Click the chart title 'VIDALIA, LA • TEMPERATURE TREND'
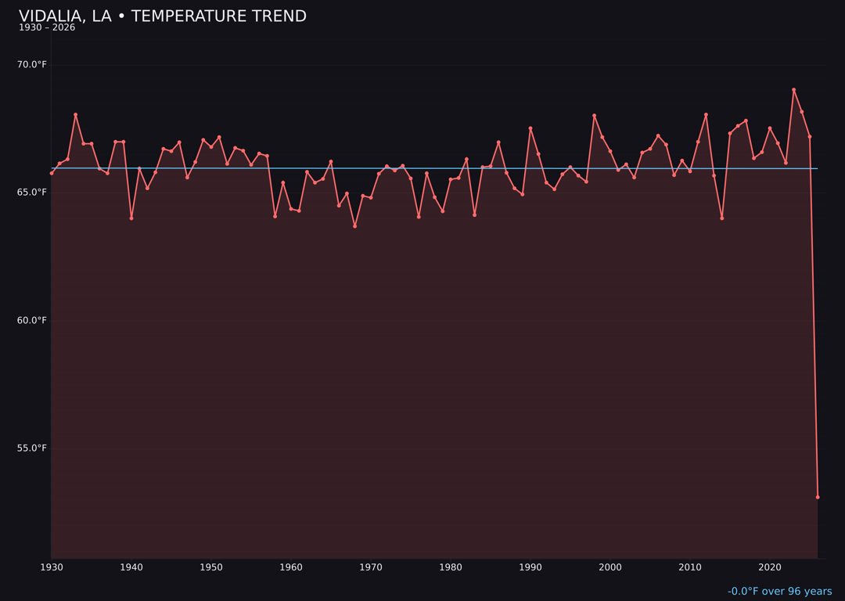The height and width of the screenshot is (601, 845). coord(163,16)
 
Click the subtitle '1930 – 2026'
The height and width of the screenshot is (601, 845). coord(47,28)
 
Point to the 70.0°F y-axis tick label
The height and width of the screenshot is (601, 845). coord(32,64)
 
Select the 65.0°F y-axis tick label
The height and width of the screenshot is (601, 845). coord(32,193)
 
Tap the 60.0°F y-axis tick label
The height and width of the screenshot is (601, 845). coord(32,320)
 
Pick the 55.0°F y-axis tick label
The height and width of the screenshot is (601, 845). coord(32,448)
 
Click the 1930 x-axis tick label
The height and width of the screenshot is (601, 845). coord(52,567)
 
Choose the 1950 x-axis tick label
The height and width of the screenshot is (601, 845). coord(211,567)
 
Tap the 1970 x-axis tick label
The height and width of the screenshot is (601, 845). coord(371,567)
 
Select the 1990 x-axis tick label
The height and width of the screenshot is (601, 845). coord(530,567)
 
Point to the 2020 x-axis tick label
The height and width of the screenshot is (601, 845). coord(770,567)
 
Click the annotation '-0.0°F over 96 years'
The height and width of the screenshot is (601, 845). coord(779,592)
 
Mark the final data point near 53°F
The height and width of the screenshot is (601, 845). coord(818,497)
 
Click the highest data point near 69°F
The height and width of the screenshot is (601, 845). coord(793,90)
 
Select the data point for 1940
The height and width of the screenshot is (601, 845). coord(131,218)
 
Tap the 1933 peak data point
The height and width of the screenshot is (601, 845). coord(76,115)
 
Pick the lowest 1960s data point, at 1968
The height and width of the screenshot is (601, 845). coord(354,226)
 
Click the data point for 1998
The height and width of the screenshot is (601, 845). coord(594,116)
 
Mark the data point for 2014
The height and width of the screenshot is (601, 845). coord(721,218)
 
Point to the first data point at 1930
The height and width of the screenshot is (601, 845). coord(52,173)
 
